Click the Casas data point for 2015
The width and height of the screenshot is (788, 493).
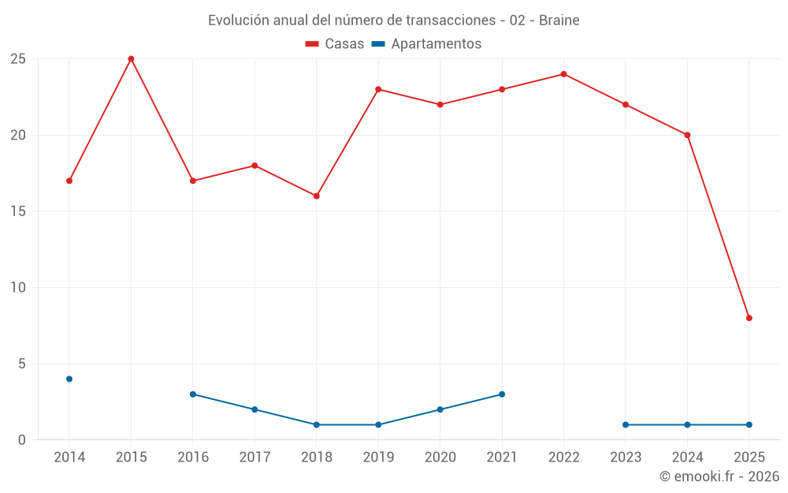tap(131, 59)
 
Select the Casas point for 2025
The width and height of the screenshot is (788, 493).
tap(749, 318)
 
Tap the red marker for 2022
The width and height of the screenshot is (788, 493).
tap(563, 74)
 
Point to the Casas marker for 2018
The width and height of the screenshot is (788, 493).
tap(317, 196)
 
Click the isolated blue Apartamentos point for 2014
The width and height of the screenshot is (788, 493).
tap(69, 379)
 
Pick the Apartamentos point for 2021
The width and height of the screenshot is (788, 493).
tap(502, 394)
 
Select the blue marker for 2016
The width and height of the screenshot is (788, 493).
tap(193, 394)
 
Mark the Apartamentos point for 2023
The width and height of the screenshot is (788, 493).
tap(626, 424)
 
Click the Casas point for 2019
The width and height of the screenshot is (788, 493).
tap(378, 89)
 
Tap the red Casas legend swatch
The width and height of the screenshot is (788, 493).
tap(312, 44)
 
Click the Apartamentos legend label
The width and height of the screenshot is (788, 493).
tap(436, 44)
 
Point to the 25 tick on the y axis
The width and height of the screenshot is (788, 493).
tap(18, 59)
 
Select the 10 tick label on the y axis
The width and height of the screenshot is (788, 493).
tap(18, 287)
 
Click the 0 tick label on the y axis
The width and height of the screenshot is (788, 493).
tap(22, 440)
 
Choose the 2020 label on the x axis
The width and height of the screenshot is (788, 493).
tap(440, 458)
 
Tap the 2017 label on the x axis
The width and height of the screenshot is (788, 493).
tap(255, 458)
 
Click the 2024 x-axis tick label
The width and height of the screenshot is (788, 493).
tap(688, 458)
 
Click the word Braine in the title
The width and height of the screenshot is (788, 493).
tap(559, 21)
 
